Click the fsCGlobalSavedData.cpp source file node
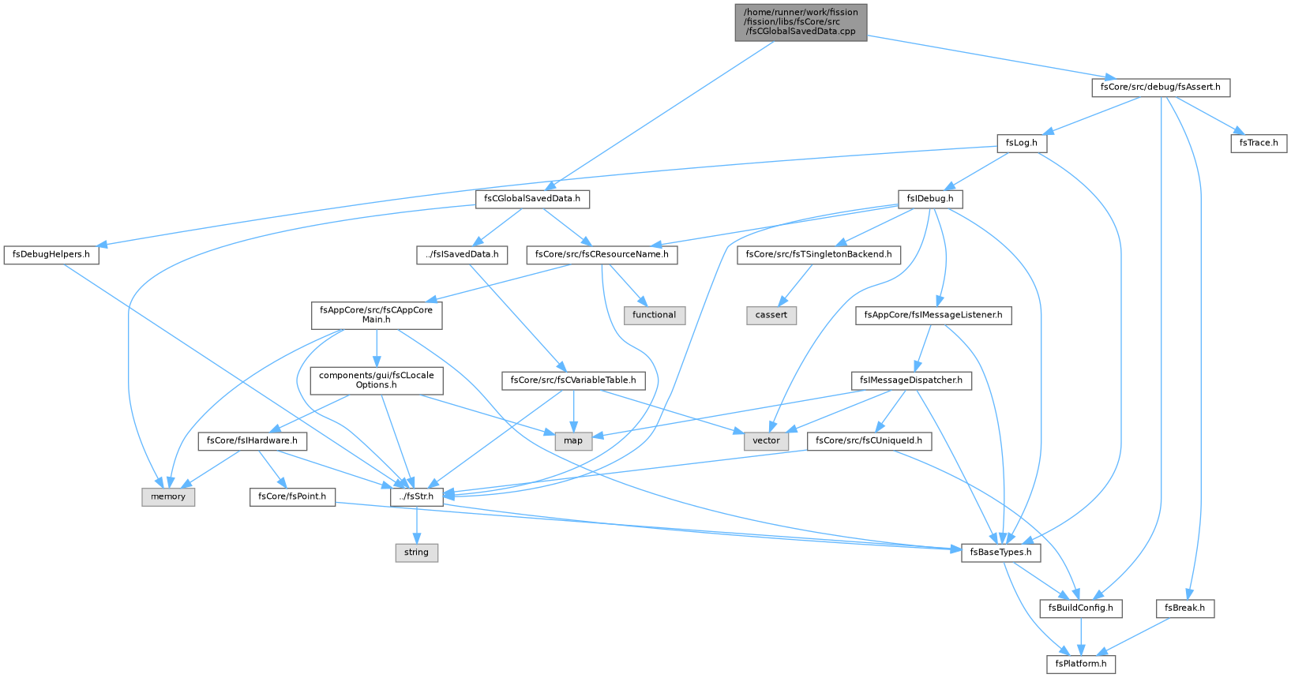coord(801,22)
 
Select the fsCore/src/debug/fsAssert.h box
coord(1160,88)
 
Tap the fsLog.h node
coord(1021,143)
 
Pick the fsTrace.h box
coord(1259,143)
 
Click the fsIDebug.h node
coord(930,199)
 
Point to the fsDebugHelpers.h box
coord(51,255)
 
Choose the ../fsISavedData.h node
coord(462,255)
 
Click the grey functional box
coord(654,315)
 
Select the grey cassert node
coord(771,315)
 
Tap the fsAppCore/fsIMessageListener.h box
coord(933,315)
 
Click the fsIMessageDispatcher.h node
coord(911,380)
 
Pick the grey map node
coord(573,440)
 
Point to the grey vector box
coord(766,440)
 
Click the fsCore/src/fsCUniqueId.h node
coord(869,440)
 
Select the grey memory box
coord(168,496)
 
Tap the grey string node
coord(416,553)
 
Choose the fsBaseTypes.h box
coord(1000,553)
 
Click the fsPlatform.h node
coord(1081,664)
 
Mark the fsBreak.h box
coord(1185,609)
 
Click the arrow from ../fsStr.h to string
coord(416,525)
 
